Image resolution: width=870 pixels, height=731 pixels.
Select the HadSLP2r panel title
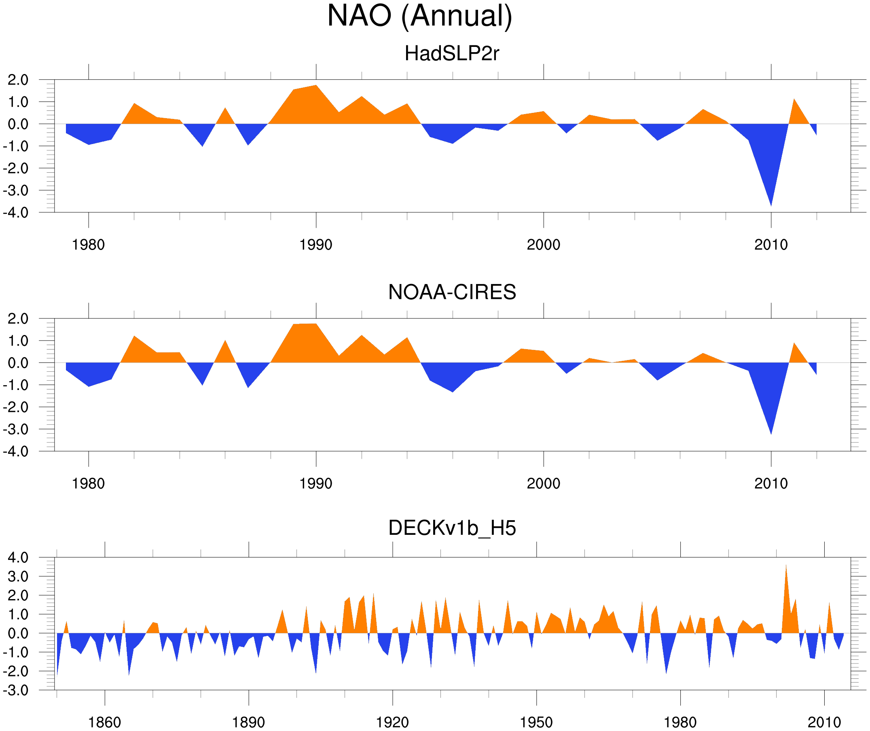tap(451, 54)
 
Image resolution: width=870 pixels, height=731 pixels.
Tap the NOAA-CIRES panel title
tap(451, 292)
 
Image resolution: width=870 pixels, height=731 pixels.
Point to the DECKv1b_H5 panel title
tap(451, 528)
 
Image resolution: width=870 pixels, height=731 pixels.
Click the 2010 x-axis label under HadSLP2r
tap(771, 245)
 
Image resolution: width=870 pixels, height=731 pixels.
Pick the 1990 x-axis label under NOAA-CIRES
tap(316, 483)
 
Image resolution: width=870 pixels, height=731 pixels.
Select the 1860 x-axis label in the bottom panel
tap(104, 722)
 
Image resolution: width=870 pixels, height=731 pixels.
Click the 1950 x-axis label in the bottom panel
tap(536, 722)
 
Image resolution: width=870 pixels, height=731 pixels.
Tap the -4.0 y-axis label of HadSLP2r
tap(16, 213)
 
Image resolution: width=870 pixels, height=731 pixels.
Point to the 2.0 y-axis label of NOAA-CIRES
tap(18, 319)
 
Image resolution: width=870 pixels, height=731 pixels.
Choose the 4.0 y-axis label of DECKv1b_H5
tap(18, 558)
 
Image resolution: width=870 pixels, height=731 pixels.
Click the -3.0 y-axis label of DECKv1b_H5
tap(16, 691)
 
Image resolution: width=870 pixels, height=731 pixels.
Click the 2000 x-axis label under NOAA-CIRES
tap(543, 483)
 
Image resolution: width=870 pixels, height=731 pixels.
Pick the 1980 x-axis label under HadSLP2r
tap(88, 245)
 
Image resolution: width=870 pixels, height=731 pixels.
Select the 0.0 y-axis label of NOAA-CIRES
tap(18, 363)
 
